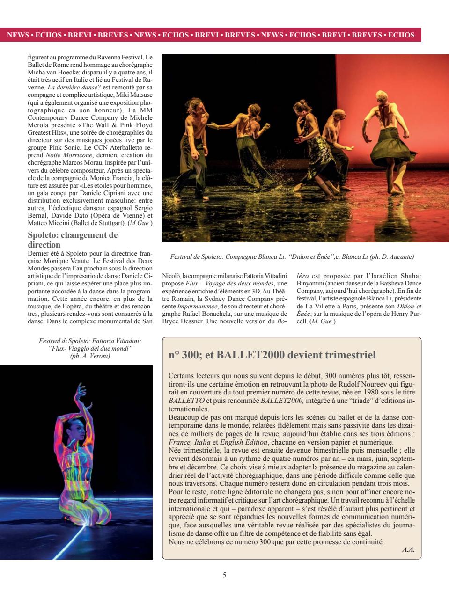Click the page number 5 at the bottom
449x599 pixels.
pyautogui.click(x=224, y=575)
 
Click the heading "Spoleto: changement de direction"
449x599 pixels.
pyautogui.click(x=73, y=240)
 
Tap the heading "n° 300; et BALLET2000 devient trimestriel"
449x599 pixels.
pyautogui.click(x=272, y=355)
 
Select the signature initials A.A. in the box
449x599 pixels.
pyautogui.click(x=408, y=550)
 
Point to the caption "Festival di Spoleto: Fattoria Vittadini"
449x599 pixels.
pyautogui.click(x=89, y=342)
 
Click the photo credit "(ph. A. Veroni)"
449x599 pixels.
pyautogui.click(x=89, y=356)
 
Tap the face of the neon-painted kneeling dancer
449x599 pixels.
pyautogui.click(x=73, y=424)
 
